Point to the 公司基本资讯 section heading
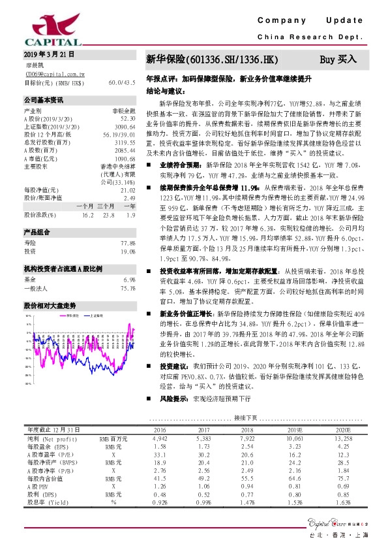(44, 101)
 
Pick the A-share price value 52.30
(127, 119)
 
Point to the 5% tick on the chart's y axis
(29, 324)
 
